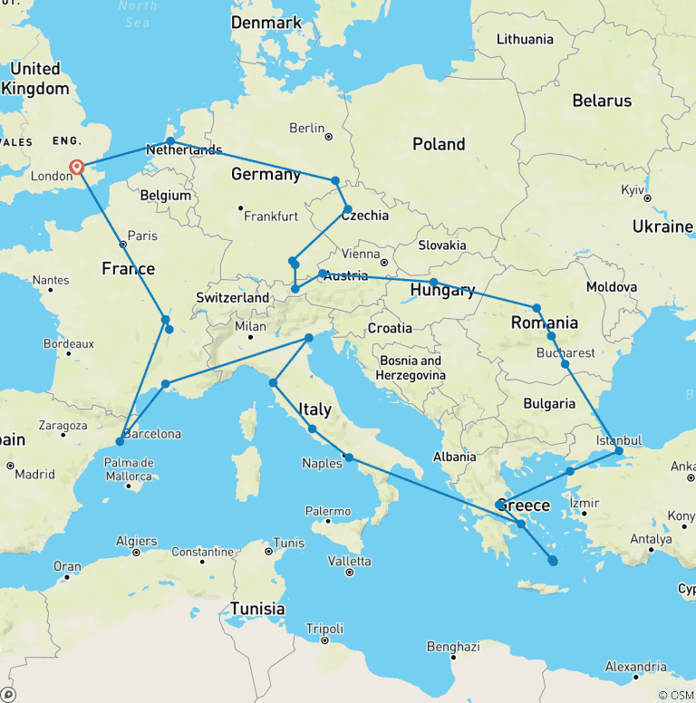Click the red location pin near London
77,168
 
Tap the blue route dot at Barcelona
120,442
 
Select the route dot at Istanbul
619,450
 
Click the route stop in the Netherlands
170,141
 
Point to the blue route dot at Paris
122,243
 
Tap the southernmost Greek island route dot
553,562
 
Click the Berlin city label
306,129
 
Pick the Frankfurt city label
271,217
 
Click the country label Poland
439,144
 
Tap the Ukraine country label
662,226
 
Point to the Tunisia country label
257,609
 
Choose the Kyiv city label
631,190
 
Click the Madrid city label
34,474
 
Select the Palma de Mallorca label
127,469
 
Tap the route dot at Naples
348,457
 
